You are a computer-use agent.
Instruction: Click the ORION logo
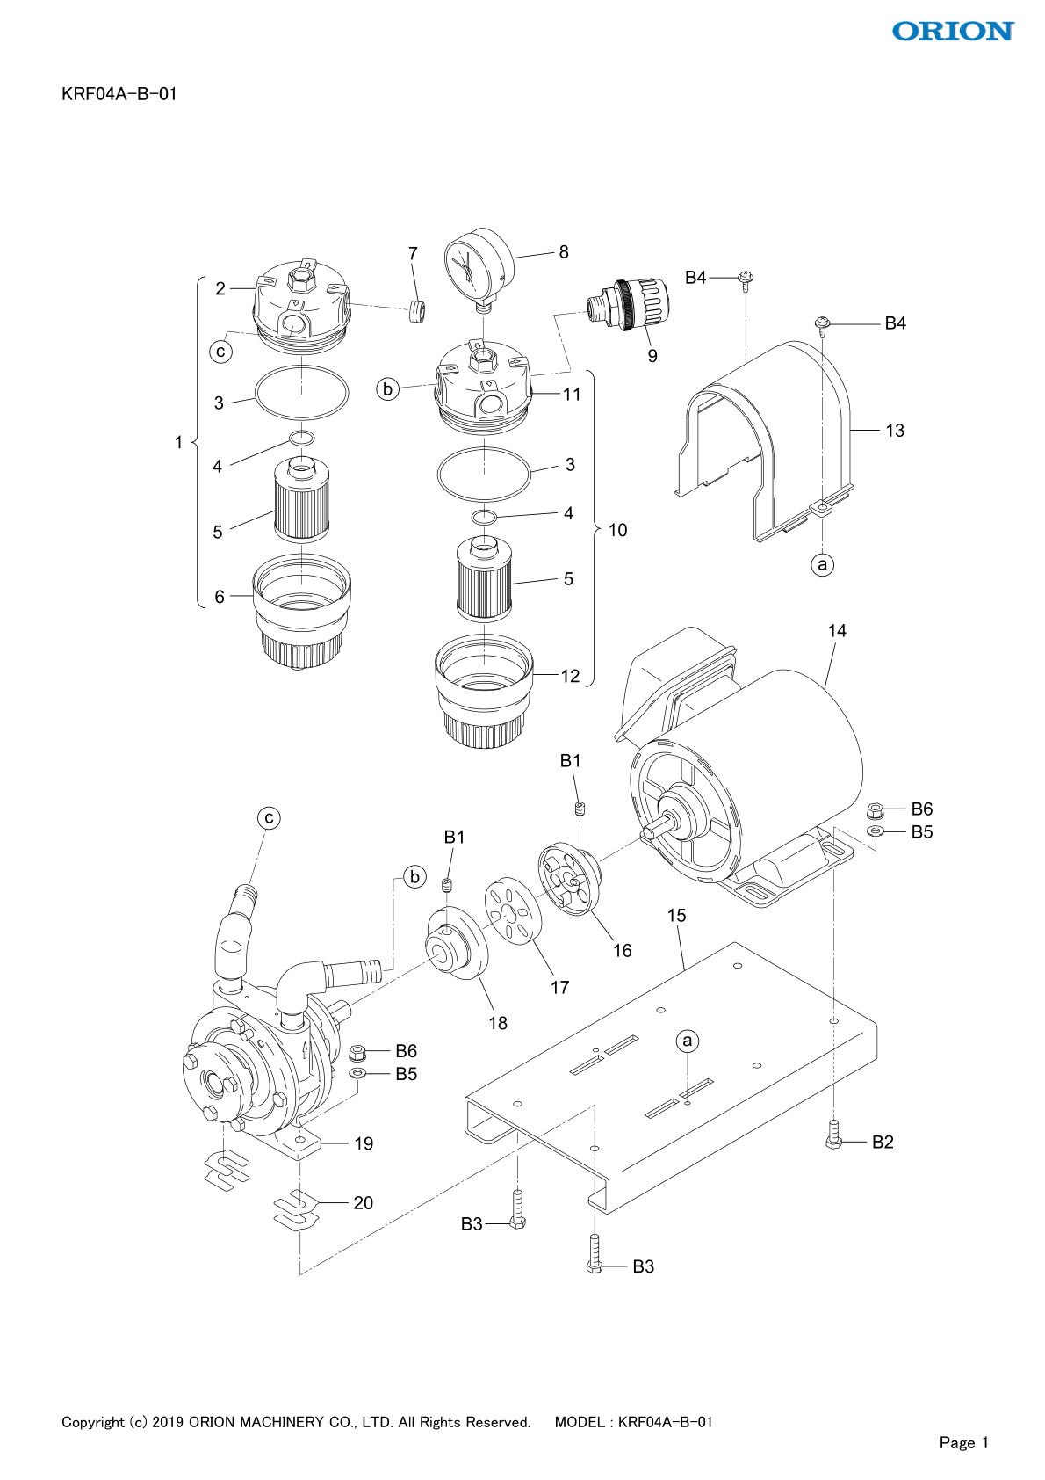pos(953,32)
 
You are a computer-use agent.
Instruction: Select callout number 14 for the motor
pos(837,631)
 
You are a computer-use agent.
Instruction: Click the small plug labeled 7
pos(418,311)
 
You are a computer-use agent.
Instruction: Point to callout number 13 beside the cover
pos(894,431)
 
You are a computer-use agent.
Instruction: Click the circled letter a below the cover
pos(822,564)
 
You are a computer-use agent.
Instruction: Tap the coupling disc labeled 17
pos(514,911)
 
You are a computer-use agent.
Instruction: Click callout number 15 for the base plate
pos(676,916)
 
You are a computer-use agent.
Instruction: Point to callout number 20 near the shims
pos(363,1203)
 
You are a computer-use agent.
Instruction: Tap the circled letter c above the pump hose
pos(269,818)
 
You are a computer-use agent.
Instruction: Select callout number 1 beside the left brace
pos(178,442)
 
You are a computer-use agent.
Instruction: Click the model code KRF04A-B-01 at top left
pos(119,94)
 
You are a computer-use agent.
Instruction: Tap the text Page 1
pos(963,1442)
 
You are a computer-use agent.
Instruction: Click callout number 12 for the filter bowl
pos(570,676)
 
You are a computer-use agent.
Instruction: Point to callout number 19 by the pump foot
pos(364,1143)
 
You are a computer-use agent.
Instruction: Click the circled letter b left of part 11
pos(388,388)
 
